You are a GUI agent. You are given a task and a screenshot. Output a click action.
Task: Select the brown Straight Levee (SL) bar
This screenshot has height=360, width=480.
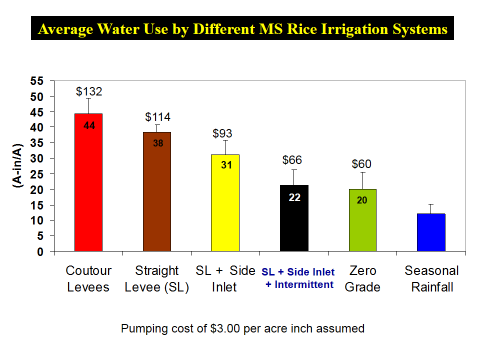point(157,195)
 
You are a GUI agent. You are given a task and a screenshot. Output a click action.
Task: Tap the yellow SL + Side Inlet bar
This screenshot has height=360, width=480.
point(225,205)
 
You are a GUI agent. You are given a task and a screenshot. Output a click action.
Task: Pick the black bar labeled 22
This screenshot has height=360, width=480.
point(294,220)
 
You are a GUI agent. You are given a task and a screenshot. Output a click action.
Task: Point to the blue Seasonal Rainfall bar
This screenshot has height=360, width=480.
point(431,232)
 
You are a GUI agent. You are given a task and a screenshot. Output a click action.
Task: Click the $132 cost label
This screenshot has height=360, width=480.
point(90,91)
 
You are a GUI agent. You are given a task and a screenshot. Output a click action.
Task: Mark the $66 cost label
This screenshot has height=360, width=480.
point(294,161)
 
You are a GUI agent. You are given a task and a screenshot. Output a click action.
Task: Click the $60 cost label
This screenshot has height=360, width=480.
point(362,164)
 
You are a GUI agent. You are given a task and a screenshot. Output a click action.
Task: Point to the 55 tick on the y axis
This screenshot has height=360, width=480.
point(37,81)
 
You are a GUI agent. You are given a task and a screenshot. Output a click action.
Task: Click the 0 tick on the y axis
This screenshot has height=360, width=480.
point(40,251)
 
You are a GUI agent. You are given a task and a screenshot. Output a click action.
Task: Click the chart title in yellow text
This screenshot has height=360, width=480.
point(241,29)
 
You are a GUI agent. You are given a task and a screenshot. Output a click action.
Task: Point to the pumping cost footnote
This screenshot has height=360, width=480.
point(240,327)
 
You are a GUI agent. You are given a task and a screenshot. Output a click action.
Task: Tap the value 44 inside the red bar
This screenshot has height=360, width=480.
point(88,125)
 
